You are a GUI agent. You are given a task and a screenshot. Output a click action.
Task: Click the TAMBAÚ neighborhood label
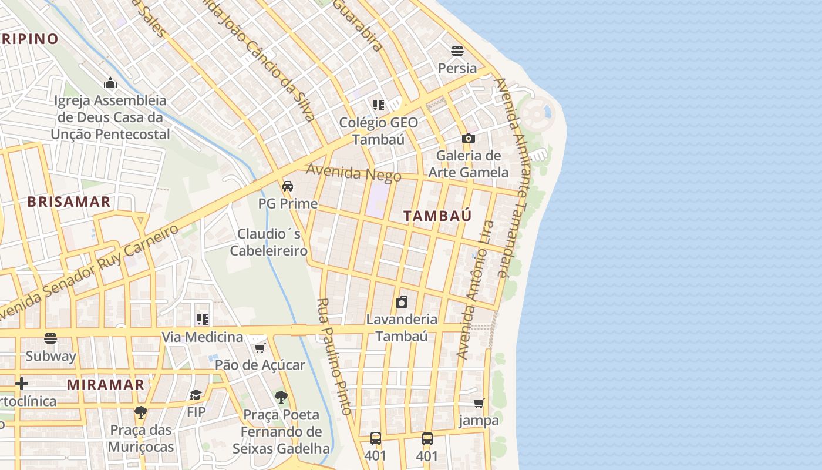[x=437, y=216]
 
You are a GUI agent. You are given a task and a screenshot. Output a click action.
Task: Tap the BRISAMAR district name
[x=69, y=202]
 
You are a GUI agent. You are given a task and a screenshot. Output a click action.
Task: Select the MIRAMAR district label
[x=106, y=385]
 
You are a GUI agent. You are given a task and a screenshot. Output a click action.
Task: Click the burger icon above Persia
[x=457, y=51]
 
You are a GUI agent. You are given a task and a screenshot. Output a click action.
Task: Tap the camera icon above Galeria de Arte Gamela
[x=468, y=139]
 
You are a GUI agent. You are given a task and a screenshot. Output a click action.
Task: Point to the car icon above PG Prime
[x=288, y=186]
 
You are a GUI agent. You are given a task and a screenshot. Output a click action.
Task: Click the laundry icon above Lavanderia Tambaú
[x=402, y=302]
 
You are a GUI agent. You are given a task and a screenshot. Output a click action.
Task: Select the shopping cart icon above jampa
[x=479, y=403]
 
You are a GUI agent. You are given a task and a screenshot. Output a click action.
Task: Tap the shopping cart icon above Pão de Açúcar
[x=260, y=348]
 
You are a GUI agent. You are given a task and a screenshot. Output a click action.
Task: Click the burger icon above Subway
[x=50, y=338]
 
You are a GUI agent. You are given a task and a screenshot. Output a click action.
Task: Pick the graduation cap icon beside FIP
[x=196, y=395]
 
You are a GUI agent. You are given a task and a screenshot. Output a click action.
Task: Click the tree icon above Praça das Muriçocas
[x=140, y=412]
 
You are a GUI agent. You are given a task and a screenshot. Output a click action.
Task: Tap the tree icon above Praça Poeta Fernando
[x=281, y=397]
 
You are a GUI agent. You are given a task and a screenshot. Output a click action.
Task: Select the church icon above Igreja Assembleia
[x=110, y=83]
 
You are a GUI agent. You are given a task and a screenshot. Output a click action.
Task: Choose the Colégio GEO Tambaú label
[x=379, y=131]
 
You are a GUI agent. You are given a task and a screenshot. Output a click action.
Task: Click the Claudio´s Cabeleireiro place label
[x=269, y=242]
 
